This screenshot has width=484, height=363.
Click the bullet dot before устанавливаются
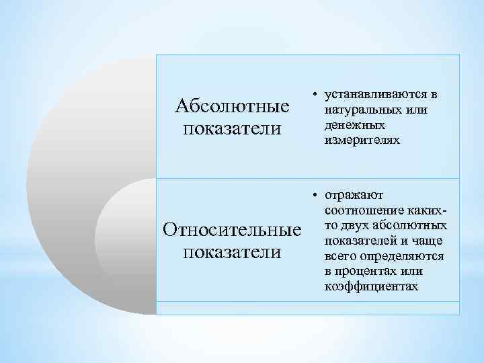click(314, 96)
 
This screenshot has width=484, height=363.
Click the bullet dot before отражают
click(314, 196)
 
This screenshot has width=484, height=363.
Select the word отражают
click(352, 196)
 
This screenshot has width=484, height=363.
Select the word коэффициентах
click(371, 287)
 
